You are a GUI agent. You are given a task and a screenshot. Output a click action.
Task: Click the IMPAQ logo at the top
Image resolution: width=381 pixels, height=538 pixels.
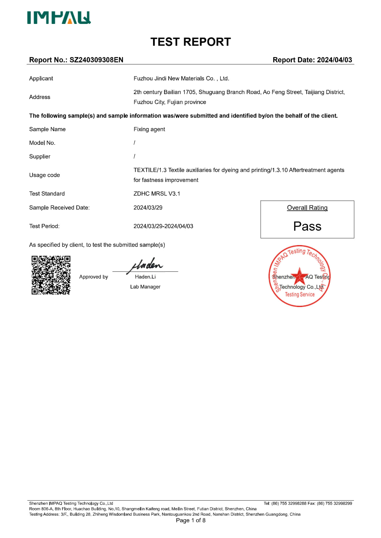(x=59, y=18)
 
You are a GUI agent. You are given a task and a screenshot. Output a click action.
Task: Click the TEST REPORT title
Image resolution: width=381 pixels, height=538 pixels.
(x=190, y=42)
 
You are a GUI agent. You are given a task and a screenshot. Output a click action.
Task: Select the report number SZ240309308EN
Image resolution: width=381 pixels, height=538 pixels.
(x=96, y=60)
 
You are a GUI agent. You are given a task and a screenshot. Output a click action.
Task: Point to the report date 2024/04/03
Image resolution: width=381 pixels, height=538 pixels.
(x=334, y=60)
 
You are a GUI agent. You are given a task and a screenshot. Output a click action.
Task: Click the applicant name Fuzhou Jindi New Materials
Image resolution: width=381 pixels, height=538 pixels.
(x=181, y=79)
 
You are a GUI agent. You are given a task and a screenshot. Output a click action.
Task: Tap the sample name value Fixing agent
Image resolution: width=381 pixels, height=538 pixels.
(x=149, y=129)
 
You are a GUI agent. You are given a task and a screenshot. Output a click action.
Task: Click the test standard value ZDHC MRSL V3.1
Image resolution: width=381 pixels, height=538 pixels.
(x=157, y=194)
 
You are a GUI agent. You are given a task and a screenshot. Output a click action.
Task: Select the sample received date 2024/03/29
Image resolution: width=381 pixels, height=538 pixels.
(x=148, y=208)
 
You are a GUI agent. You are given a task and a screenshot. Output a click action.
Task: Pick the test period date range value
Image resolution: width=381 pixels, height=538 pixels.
(x=163, y=226)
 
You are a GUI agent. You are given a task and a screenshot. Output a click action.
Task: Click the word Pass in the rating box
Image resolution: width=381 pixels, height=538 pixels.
(x=307, y=226)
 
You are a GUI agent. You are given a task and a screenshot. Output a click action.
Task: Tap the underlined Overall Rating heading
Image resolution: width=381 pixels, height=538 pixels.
(x=307, y=208)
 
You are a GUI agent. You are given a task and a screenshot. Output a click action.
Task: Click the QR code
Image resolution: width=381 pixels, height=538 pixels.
(x=51, y=275)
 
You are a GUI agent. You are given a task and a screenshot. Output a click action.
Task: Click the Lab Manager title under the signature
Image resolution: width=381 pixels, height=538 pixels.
(x=145, y=287)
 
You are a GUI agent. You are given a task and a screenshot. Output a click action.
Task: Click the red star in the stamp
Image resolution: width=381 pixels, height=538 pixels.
(x=300, y=275)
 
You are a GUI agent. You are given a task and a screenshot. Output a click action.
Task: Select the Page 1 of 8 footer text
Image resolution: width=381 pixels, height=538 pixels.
(x=190, y=520)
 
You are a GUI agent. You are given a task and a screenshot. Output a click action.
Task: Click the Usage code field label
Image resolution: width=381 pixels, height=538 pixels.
(x=45, y=175)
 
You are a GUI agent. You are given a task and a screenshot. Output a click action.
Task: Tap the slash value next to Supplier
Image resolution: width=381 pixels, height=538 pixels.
(x=134, y=156)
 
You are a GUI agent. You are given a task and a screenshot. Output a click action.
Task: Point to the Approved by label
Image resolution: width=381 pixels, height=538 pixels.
(x=94, y=277)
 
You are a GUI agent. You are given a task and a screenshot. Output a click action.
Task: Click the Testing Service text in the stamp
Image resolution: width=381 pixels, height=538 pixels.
(x=300, y=294)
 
